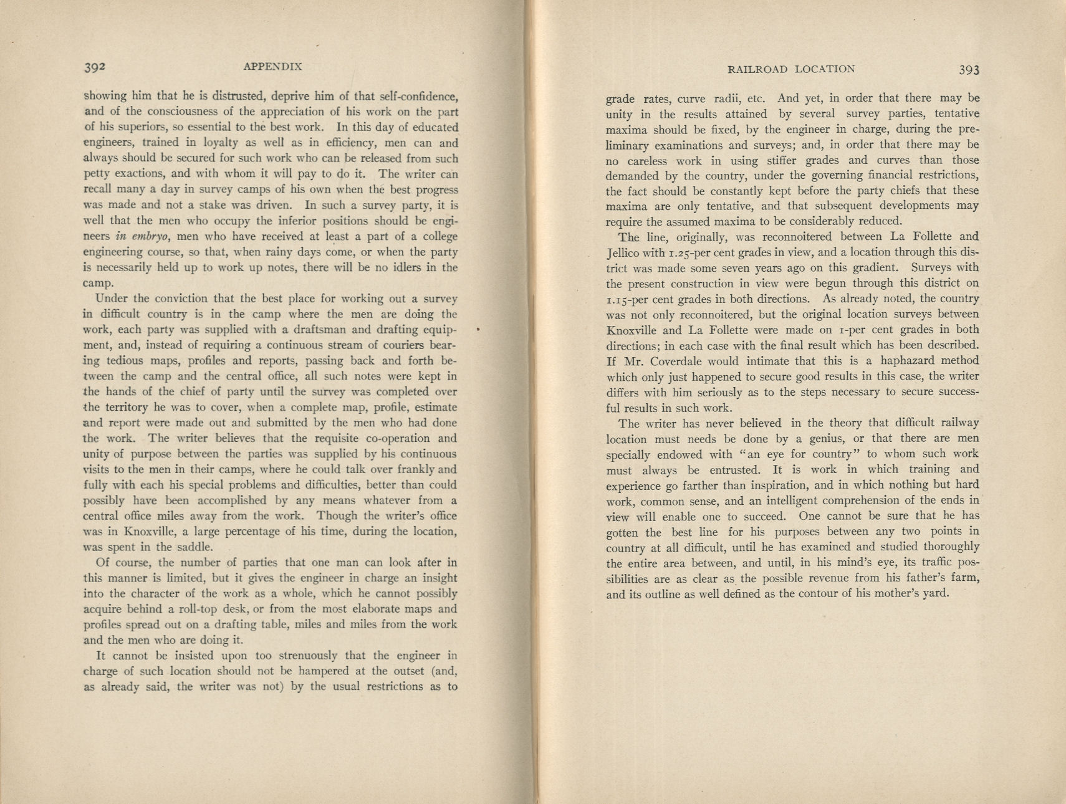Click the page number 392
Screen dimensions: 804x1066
(x=97, y=67)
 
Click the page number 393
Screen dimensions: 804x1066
(x=969, y=70)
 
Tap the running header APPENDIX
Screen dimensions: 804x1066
(x=272, y=67)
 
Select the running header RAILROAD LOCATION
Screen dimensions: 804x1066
(x=791, y=69)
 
